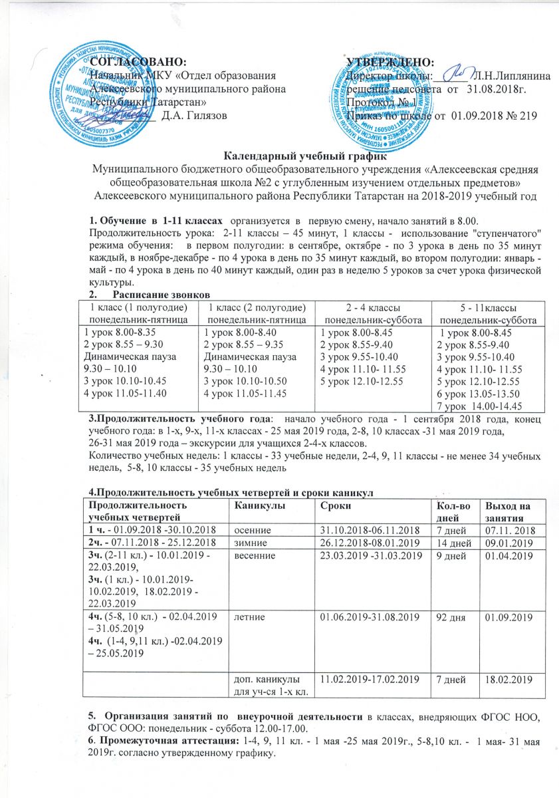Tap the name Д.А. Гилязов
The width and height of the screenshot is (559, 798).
194,115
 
